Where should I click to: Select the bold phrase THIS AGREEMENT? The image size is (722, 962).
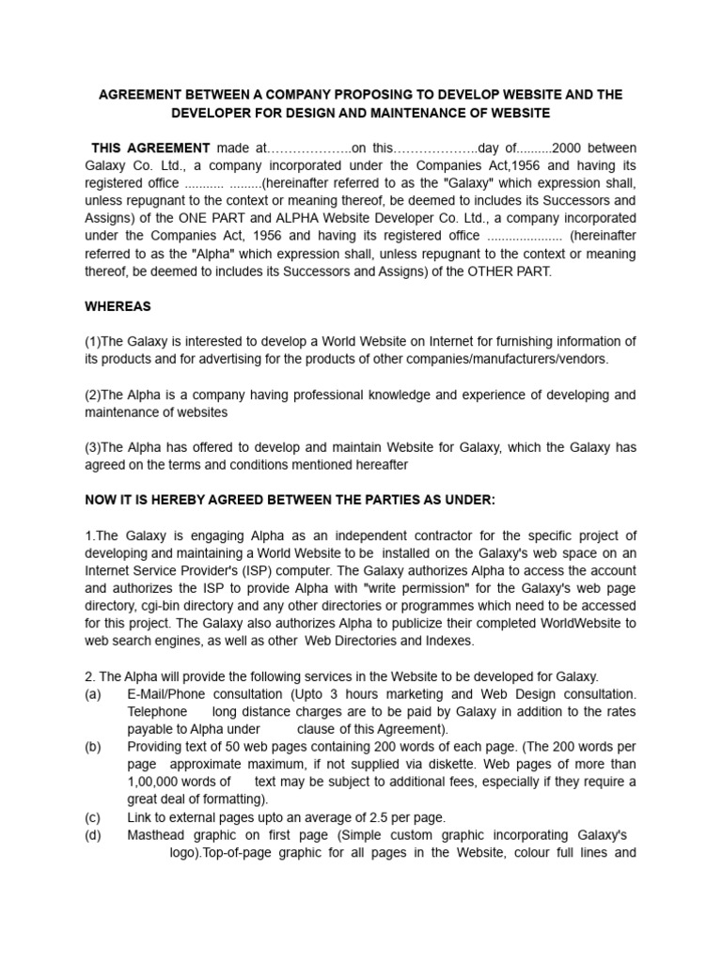150,147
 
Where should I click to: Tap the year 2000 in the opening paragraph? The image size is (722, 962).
571,147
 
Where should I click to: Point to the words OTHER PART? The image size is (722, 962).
508,271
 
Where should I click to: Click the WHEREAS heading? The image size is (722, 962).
118,306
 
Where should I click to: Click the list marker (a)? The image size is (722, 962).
92,694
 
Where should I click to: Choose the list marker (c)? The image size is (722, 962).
92,817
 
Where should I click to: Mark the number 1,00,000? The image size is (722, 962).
156,782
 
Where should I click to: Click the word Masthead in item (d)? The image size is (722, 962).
156,835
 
